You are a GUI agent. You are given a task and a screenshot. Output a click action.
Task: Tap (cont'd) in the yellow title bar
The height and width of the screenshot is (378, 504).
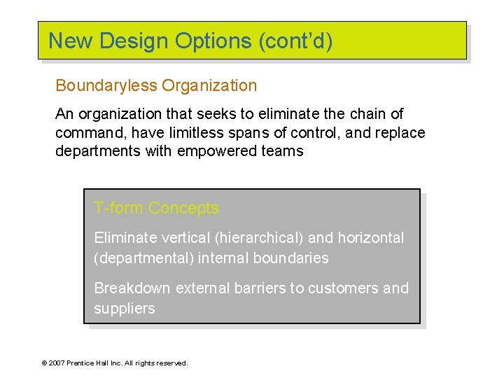(x=295, y=41)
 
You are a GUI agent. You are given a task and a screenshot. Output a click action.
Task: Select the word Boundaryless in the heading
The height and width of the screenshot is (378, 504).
(x=106, y=86)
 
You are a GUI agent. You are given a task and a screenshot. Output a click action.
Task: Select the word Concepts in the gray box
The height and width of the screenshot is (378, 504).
(x=183, y=209)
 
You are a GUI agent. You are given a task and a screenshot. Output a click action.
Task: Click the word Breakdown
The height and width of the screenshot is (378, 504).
(x=132, y=288)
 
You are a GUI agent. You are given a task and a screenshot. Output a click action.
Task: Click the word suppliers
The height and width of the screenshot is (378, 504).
(x=125, y=309)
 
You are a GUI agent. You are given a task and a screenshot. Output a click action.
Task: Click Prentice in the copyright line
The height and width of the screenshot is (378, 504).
(x=83, y=363)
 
